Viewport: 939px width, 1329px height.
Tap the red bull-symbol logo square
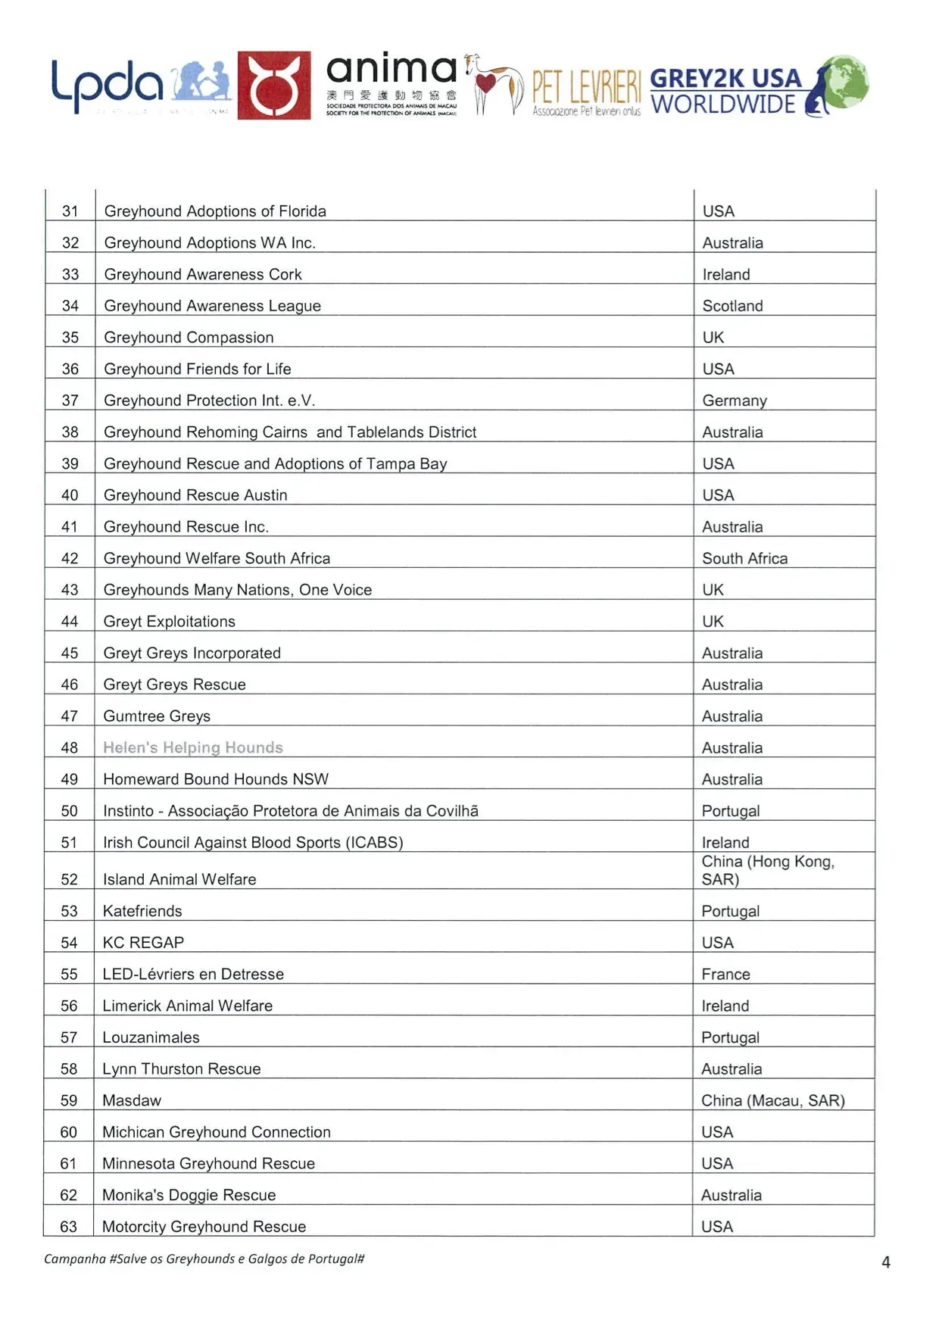[x=274, y=86]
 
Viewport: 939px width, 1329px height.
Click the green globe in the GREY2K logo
[x=846, y=80]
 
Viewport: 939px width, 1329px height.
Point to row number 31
[x=70, y=211]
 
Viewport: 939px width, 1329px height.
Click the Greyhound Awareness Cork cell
[x=203, y=274]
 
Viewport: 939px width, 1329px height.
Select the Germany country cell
[x=735, y=401]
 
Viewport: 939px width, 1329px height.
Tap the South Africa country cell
[x=744, y=558]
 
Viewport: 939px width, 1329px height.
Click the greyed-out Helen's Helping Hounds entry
[x=193, y=747]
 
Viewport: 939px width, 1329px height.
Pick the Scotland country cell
[x=732, y=306]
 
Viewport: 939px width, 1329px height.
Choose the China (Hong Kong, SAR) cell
[x=767, y=870]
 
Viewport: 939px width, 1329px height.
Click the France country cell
[x=725, y=974]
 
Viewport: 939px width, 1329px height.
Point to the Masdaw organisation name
[x=132, y=1100]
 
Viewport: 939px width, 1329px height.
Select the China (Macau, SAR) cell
[x=772, y=1100]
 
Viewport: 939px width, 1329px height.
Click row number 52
[x=69, y=879]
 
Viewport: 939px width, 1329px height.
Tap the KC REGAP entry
[x=143, y=943]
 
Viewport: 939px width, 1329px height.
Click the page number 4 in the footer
[x=885, y=1262]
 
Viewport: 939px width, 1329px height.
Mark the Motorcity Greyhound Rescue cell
[x=204, y=1227]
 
